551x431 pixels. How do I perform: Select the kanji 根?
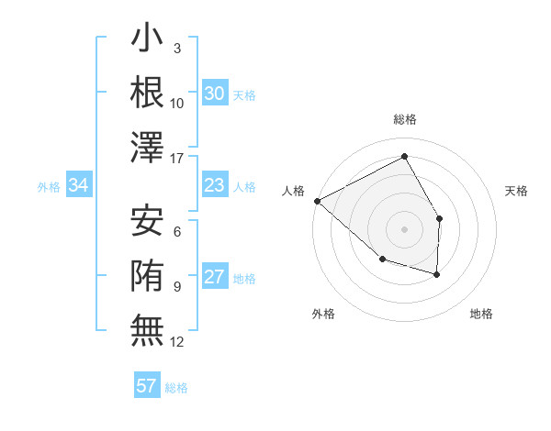click(x=147, y=93)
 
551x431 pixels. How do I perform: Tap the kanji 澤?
click(x=147, y=147)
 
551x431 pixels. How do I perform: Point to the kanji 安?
click(x=147, y=221)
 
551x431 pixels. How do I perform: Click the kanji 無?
click(x=147, y=329)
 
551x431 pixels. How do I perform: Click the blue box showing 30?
click(x=214, y=94)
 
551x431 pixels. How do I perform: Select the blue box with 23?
click(x=214, y=186)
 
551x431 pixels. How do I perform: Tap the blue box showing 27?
click(x=214, y=278)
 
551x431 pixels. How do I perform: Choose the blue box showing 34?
click(x=79, y=186)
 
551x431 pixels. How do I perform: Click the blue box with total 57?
click(x=147, y=386)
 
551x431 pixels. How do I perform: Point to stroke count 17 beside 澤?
click(x=177, y=159)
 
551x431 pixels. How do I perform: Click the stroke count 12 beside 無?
click(x=177, y=342)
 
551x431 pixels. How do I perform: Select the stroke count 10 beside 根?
click(x=177, y=104)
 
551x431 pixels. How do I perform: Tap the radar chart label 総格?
click(x=404, y=120)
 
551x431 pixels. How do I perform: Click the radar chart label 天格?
click(x=517, y=191)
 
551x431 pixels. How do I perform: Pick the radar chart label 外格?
click(x=323, y=314)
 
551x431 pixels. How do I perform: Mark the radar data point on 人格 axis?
click(x=317, y=200)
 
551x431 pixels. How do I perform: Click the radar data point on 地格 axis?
click(x=437, y=274)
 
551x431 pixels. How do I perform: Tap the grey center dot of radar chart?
click(x=404, y=228)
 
